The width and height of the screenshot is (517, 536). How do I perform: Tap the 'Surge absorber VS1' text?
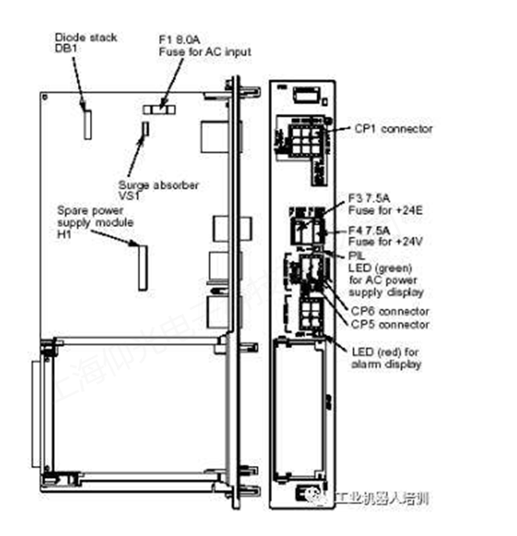[x=158, y=190]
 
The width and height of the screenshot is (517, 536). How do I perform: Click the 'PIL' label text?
[x=356, y=256]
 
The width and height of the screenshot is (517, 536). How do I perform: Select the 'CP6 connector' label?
[x=390, y=311]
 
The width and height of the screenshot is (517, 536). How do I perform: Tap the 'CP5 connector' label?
[x=390, y=324]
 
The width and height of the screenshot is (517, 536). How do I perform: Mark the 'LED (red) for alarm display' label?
[x=386, y=358]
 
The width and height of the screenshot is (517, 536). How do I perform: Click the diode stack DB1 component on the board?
[x=86, y=120]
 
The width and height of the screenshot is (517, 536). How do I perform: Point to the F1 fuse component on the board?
[x=161, y=107]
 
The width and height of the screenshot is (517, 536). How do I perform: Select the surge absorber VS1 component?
[x=145, y=132]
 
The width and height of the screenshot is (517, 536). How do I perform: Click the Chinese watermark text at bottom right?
[x=382, y=499]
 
